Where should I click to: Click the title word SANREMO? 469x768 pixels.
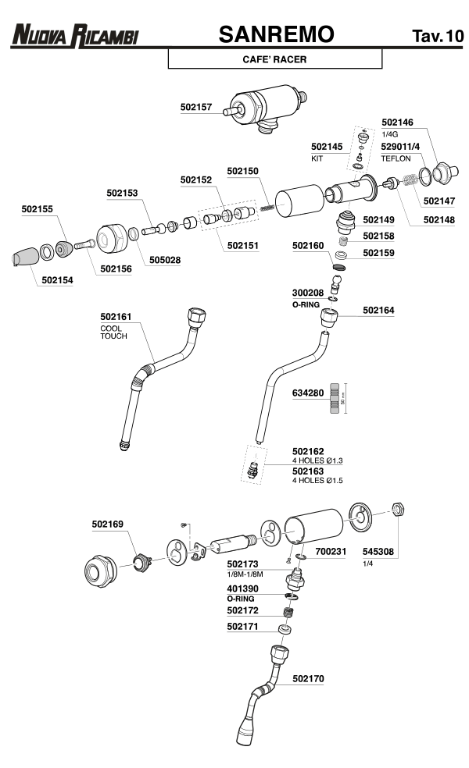click(276, 34)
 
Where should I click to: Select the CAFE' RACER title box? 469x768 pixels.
click(274, 59)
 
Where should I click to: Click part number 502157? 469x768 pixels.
click(195, 108)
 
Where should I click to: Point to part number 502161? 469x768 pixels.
click(116, 317)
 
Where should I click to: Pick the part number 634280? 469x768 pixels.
click(308, 393)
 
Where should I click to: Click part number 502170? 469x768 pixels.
click(309, 679)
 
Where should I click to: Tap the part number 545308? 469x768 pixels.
click(379, 551)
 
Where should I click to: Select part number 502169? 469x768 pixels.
click(107, 524)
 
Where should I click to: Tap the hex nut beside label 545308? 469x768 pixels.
click(396, 510)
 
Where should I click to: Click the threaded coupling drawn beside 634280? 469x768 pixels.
click(336, 397)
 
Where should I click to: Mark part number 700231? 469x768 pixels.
click(331, 551)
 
